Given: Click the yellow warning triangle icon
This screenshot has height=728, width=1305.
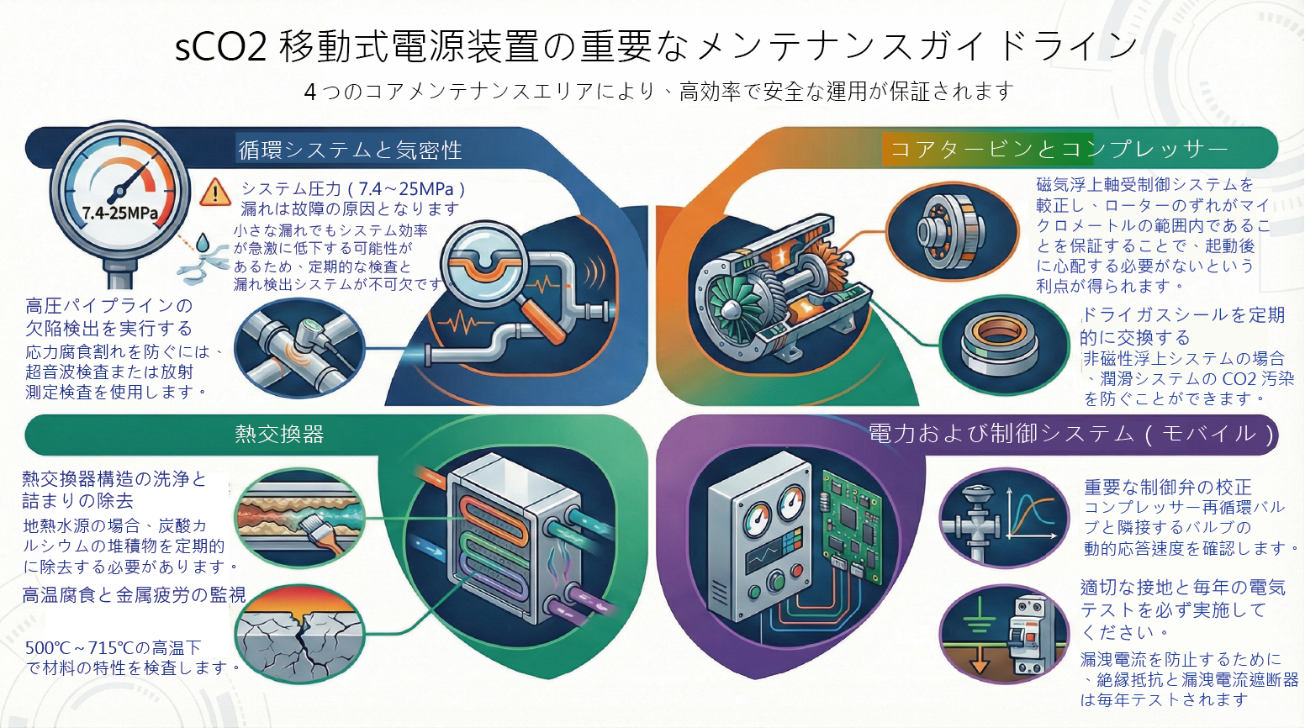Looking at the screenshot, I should coord(216,193).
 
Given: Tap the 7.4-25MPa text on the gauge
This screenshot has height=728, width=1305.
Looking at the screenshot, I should coord(119,213).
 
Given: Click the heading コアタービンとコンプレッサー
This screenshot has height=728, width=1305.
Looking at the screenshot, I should coord(1059,149).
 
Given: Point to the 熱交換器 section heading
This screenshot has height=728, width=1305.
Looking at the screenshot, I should coord(279,434).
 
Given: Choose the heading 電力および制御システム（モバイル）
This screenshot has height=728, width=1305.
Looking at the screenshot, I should coord(1071,434).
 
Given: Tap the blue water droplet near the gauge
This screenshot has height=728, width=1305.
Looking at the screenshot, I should coord(202,243).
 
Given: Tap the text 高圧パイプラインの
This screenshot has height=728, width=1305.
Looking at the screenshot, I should coord(109,305).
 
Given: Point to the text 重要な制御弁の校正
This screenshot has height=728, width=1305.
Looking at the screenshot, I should coord(1167,487).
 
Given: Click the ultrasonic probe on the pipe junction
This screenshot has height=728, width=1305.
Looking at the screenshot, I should coord(310,340).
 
